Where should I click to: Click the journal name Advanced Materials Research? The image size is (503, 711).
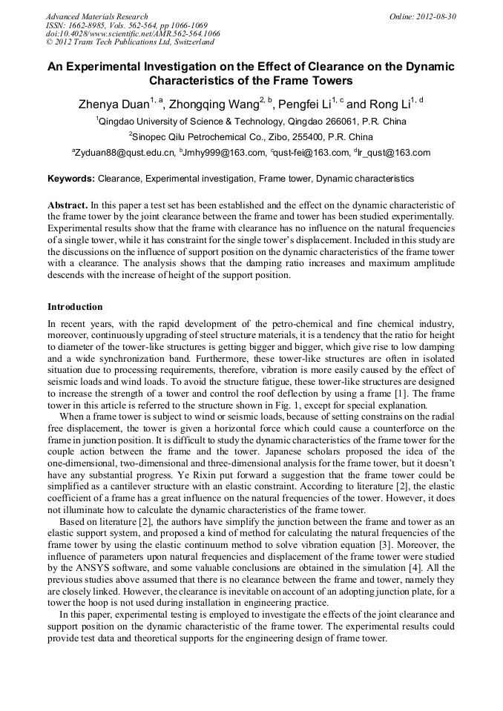(96, 16)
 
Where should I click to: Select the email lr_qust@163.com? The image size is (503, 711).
(395, 153)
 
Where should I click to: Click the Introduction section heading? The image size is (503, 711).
(75, 306)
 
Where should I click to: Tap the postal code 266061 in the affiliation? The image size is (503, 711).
(347, 121)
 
